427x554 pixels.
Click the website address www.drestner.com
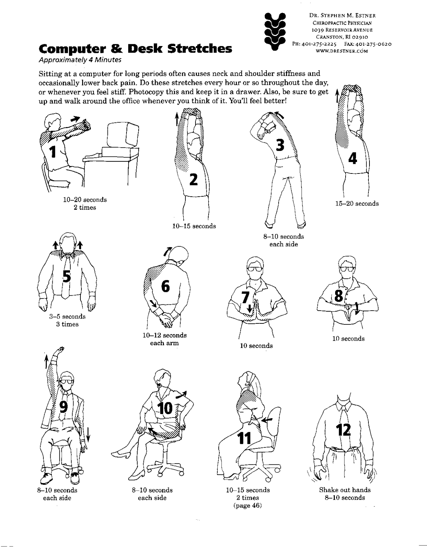pyautogui.click(x=342, y=51)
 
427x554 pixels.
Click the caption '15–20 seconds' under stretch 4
pyautogui.click(x=357, y=204)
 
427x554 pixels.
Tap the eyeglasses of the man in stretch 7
pyautogui.click(x=255, y=268)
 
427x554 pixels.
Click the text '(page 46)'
pyautogui.click(x=247, y=506)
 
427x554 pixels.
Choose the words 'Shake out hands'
pyautogui.click(x=345, y=490)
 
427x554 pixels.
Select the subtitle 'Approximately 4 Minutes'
pyautogui.click(x=80, y=60)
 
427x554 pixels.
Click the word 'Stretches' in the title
pyautogui.click(x=199, y=49)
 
